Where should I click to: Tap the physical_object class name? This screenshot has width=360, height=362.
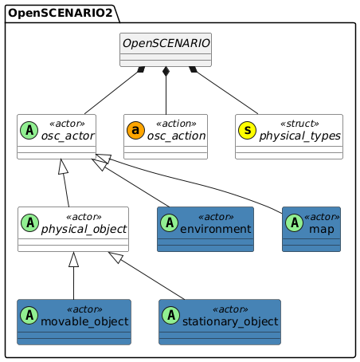(86, 230)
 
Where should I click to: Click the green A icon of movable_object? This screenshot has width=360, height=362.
(31, 317)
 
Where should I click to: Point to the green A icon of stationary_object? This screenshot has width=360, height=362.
(173, 317)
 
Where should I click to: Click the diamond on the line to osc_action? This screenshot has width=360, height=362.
(166, 73)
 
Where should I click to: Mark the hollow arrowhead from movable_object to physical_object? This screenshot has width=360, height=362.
(73, 259)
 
